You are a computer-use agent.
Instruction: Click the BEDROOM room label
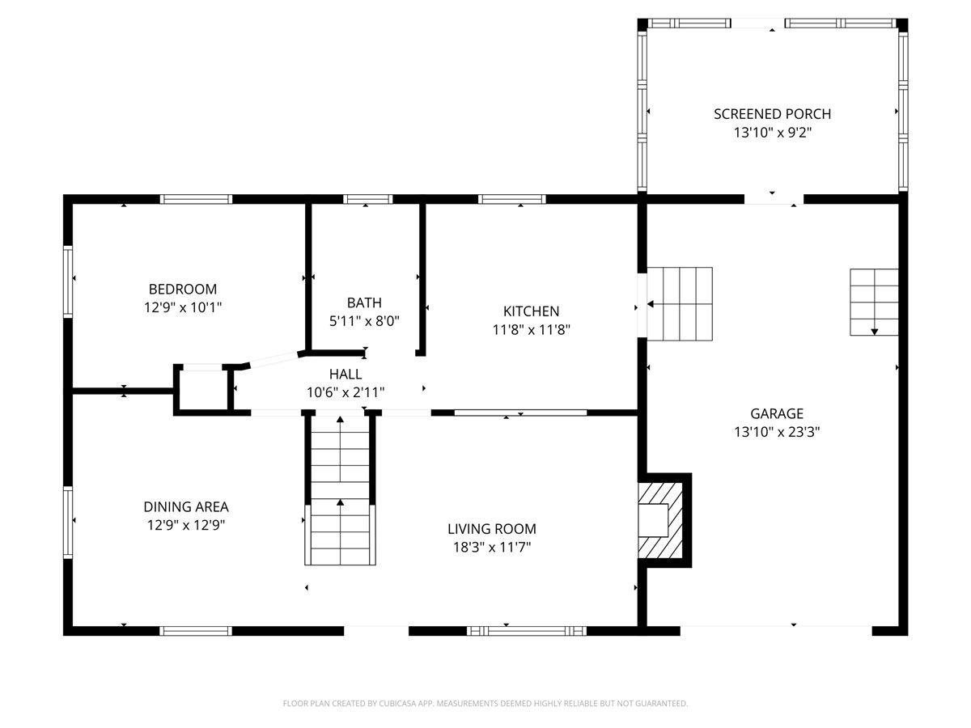183,289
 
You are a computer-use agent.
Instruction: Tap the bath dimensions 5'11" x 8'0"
364,321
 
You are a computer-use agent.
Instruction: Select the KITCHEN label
531,311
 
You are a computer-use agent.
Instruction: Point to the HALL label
346,374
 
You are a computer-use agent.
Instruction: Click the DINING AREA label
186,506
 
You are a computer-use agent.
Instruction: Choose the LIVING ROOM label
491,529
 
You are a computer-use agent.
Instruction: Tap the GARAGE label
777,413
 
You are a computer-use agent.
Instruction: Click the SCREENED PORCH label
772,114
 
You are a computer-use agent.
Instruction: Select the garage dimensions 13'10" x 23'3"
777,432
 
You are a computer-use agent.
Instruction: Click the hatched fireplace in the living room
660,520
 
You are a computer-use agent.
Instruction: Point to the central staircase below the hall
340,490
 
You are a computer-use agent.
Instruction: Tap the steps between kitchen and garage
680,304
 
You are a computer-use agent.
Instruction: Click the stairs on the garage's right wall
874,303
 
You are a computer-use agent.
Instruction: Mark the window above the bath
367,199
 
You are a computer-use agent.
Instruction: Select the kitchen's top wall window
512,199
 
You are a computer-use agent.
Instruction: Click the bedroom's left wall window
68,281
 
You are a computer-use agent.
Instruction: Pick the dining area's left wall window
68,523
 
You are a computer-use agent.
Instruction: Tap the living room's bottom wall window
527,631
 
